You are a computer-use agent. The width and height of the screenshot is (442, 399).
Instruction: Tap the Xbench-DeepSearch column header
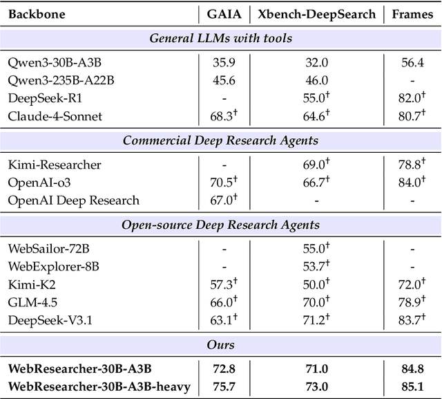317,13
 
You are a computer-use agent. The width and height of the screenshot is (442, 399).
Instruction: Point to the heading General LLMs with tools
220,38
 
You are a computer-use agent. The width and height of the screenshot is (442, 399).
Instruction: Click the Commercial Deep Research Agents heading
220,140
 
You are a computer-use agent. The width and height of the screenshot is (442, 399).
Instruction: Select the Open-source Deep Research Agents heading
220,225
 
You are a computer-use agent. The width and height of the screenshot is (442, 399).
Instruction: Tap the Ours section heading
220,344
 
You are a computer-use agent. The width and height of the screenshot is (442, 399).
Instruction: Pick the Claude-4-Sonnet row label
55,115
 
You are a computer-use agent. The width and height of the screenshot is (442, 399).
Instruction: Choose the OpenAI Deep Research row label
73,201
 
